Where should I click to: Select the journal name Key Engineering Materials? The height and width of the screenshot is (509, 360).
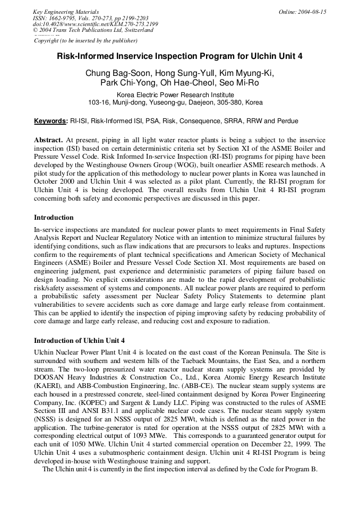(x=66, y=12)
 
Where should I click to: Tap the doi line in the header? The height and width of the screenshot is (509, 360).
(x=96, y=24)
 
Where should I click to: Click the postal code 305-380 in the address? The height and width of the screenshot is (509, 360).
(x=221, y=102)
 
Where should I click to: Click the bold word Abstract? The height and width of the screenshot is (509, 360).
(x=48, y=139)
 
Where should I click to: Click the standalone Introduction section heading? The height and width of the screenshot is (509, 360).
(x=54, y=218)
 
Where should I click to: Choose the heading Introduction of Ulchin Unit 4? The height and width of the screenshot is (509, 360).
(x=79, y=340)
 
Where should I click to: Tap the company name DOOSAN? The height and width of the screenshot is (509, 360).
(x=49, y=378)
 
